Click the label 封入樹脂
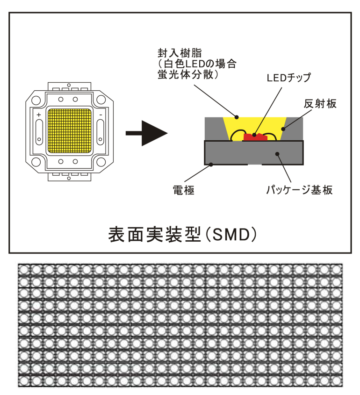(x=180, y=53)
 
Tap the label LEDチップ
(x=289, y=78)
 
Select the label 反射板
(x=320, y=103)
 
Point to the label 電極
(x=183, y=190)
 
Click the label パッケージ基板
(x=300, y=190)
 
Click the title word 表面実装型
(x=155, y=235)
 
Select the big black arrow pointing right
(x=147, y=133)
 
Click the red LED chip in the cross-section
(x=255, y=137)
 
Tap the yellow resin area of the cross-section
(x=254, y=125)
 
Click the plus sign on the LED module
(x=38, y=115)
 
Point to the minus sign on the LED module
(x=101, y=115)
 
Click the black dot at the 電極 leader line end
(x=211, y=165)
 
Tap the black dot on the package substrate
(x=277, y=154)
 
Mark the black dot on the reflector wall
(x=283, y=129)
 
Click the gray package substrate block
(x=254, y=153)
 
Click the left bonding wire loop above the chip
(x=238, y=131)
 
